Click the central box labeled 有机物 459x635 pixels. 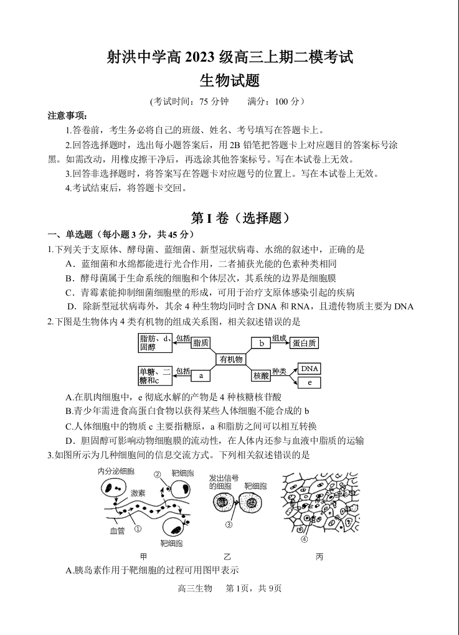[230, 359]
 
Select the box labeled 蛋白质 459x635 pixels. [305, 343]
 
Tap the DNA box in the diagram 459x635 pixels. [309, 369]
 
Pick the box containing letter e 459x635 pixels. [309, 383]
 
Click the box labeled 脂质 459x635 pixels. [201, 343]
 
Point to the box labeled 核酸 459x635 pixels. [261, 376]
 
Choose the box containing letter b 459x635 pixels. [262, 343]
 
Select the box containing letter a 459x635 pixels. [201, 376]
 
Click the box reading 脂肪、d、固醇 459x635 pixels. [154, 343]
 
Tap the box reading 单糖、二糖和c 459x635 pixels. [154, 376]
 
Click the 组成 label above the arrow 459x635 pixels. [279, 338]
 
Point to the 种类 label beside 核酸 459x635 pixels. [279, 372]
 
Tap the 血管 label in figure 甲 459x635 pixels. [118, 531]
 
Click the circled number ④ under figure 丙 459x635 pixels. [304, 539]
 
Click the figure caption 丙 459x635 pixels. [319, 557]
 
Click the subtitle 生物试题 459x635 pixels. [229, 80]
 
